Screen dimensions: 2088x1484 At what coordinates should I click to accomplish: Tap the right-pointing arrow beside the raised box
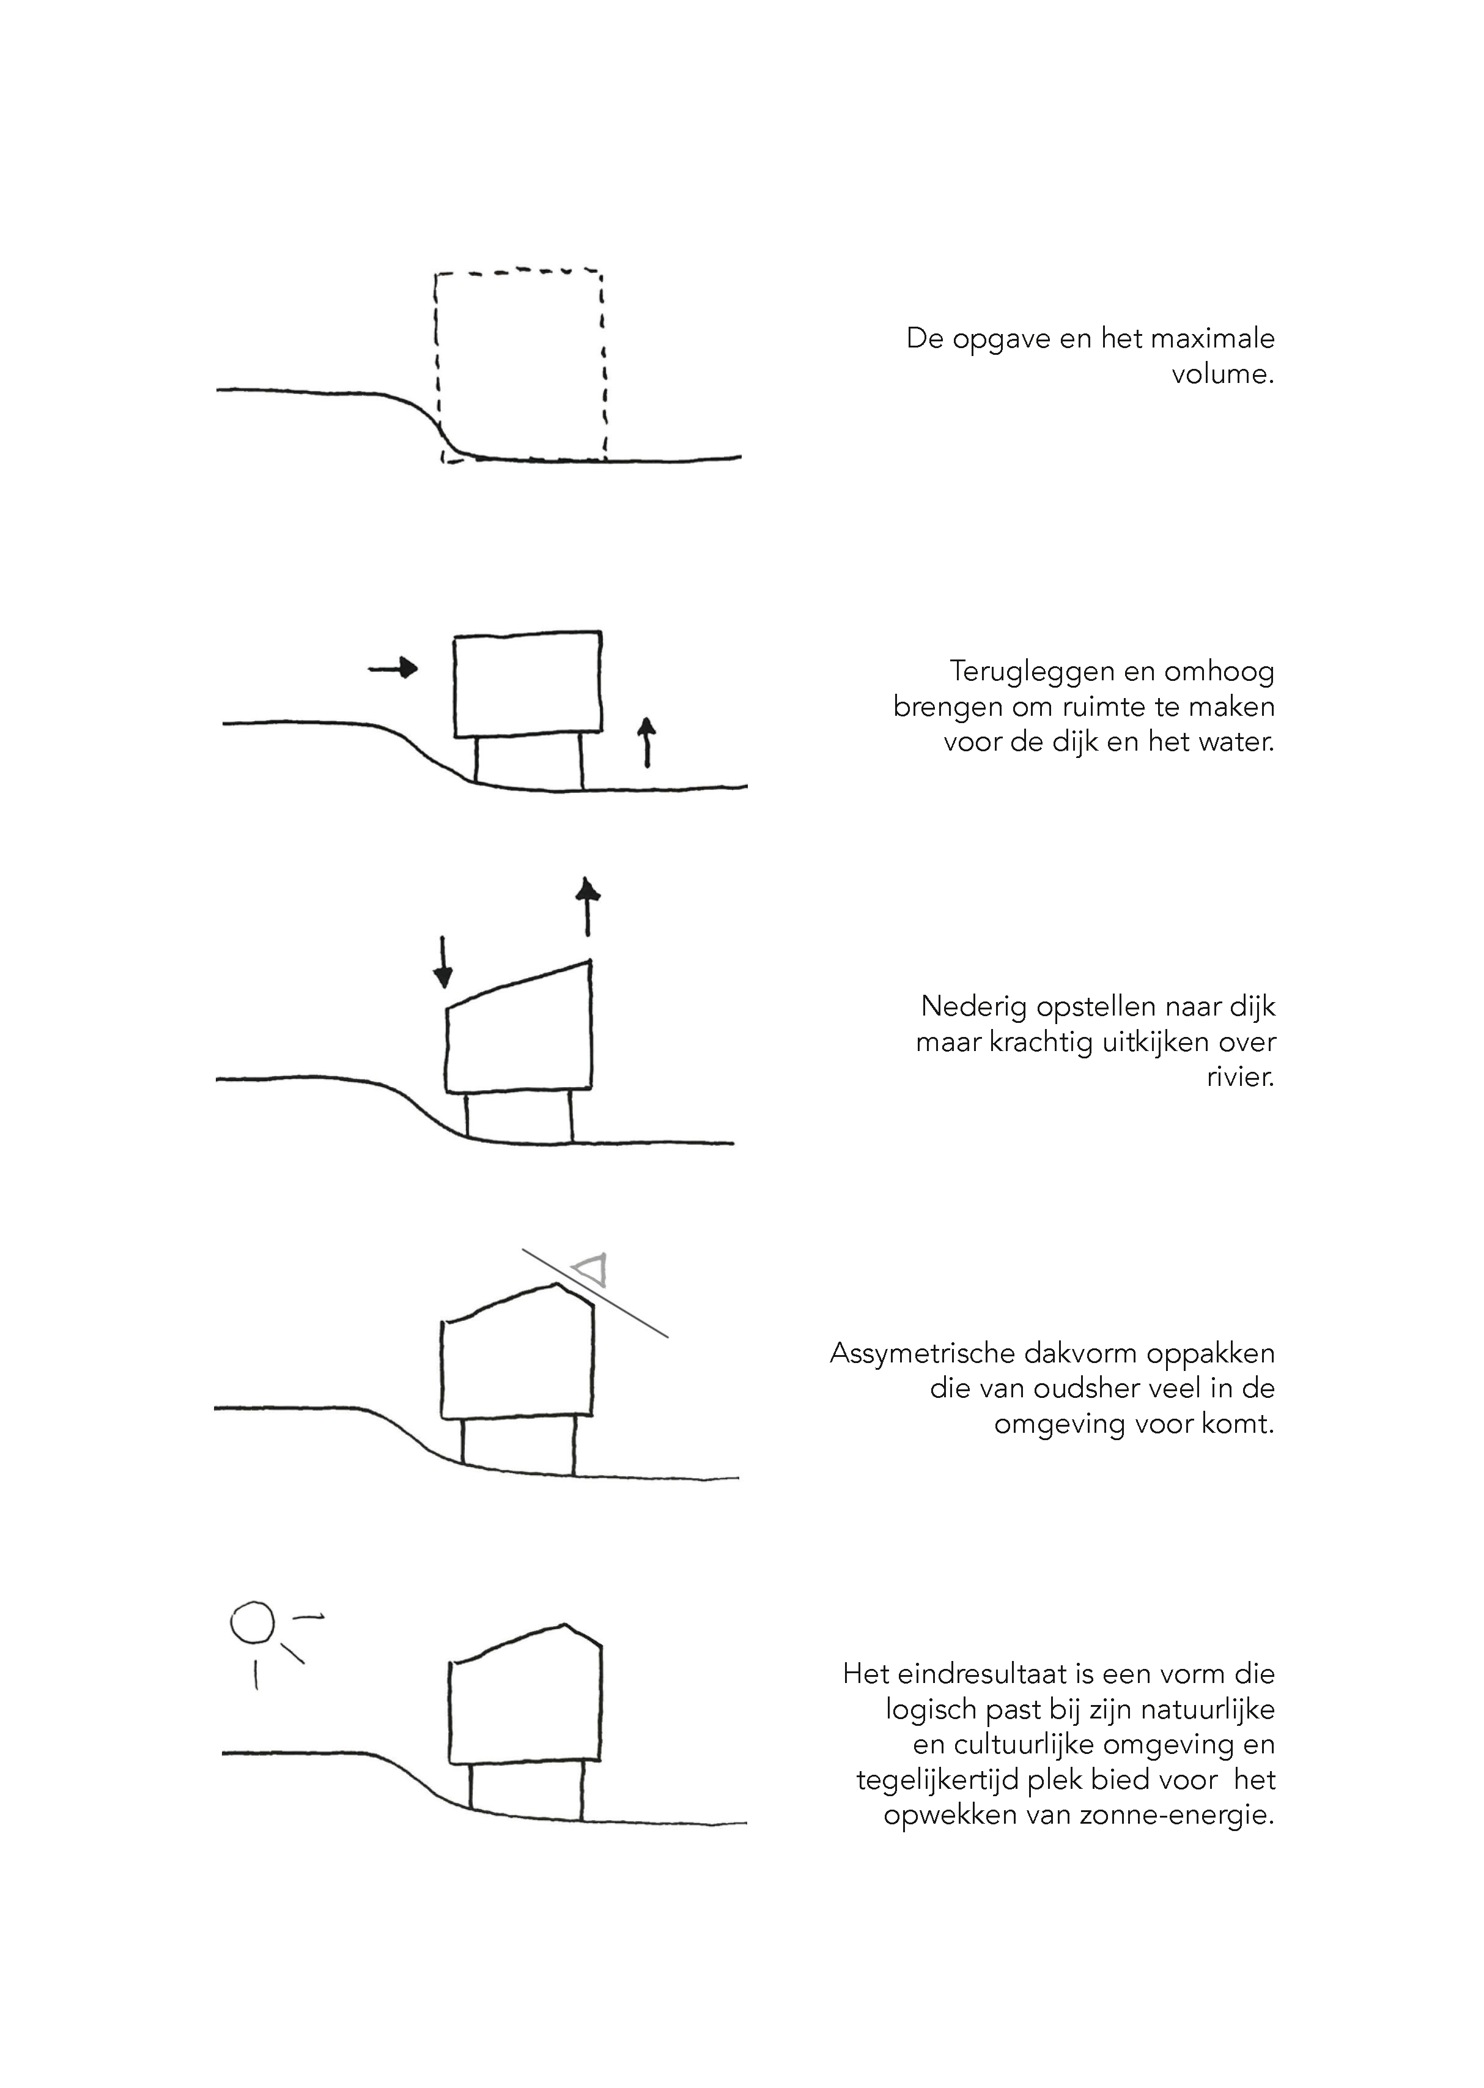click(x=393, y=669)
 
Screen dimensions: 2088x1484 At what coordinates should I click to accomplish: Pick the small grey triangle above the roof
click(x=590, y=1270)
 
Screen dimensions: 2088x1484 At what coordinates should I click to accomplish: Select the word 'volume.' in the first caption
click(x=1223, y=374)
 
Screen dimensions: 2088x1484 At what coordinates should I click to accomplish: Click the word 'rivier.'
click(x=1240, y=1076)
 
